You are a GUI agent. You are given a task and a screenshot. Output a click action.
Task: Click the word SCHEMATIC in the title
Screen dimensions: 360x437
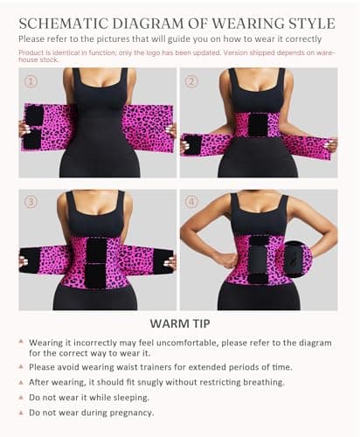pyautogui.click(x=63, y=24)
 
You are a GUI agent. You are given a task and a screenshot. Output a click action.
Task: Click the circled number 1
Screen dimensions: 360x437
pyautogui.click(x=31, y=81)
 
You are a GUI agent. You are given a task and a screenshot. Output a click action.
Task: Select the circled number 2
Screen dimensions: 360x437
pyautogui.click(x=191, y=81)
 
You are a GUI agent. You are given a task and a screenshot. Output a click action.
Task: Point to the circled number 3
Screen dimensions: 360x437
pyautogui.click(x=31, y=202)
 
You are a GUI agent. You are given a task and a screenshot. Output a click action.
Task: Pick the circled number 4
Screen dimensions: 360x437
pyautogui.click(x=191, y=202)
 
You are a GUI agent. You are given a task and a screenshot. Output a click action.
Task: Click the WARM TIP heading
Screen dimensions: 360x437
pyautogui.click(x=180, y=323)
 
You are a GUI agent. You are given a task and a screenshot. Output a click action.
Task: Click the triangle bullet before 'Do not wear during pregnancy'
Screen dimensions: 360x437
pyautogui.click(x=21, y=413)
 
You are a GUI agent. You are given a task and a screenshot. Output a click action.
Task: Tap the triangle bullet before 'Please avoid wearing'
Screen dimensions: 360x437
pyautogui.click(x=21, y=366)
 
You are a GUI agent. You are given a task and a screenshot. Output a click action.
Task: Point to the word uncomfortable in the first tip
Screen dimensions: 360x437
pyautogui.click(x=187, y=343)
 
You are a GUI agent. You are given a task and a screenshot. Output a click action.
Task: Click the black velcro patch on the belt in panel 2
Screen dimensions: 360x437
pyautogui.click(x=258, y=125)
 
